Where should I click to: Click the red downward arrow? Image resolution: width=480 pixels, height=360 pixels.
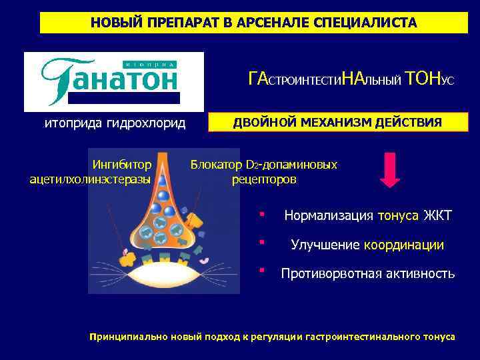(x=392, y=171)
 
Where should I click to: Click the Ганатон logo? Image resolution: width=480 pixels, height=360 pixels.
(x=114, y=81)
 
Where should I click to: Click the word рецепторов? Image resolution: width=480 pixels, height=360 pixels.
(x=265, y=179)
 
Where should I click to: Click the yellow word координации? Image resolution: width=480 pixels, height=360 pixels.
(x=404, y=245)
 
